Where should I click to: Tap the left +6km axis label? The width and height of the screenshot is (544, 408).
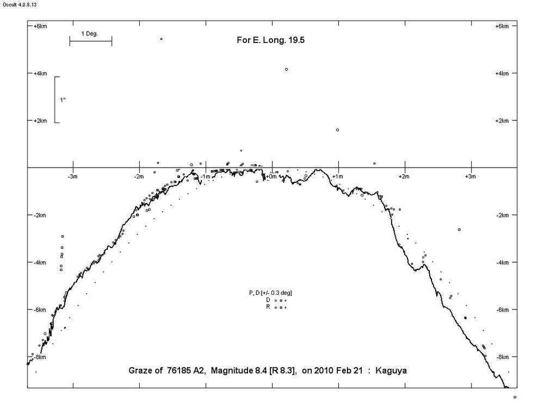point(40,26)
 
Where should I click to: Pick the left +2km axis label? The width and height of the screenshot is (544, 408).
point(40,121)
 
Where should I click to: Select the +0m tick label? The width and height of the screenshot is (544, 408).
point(271,176)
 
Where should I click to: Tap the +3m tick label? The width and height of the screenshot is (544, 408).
point(471,176)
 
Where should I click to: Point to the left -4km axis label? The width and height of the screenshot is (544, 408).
point(40,263)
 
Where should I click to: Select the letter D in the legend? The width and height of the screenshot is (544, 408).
point(268,300)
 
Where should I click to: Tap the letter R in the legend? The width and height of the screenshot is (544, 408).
point(268,307)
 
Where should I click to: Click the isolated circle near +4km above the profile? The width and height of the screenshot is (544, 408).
point(286,69)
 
